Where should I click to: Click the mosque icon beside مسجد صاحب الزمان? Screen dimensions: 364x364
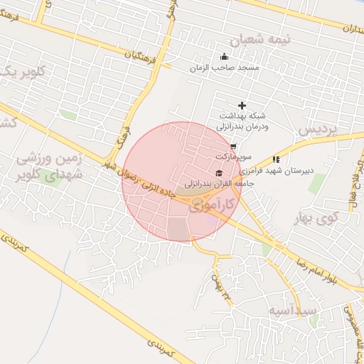[x=225, y=57]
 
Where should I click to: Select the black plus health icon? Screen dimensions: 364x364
[x=242, y=105]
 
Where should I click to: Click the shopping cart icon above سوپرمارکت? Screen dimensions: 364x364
[x=233, y=146]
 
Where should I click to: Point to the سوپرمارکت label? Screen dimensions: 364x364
[x=231, y=155]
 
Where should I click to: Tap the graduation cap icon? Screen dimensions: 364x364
[x=218, y=173]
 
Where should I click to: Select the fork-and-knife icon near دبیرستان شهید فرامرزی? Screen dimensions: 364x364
[x=276, y=160]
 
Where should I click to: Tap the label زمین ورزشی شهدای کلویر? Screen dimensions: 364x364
[x=48, y=166]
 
